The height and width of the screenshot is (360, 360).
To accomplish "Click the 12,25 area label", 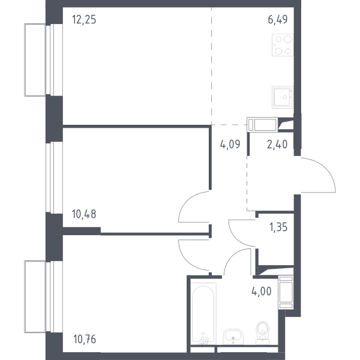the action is tap(84, 19).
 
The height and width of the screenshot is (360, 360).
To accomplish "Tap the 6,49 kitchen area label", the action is tap(278, 19).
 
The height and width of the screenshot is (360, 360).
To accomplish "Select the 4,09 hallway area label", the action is tap(230, 145).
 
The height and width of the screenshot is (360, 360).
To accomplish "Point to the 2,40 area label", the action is tap(277, 145).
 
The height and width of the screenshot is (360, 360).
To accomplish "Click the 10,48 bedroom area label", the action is tap(84, 214).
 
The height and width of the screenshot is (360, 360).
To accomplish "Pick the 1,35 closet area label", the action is tap(278, 227).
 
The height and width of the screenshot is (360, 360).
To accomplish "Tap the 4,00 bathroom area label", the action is tap(261, 292).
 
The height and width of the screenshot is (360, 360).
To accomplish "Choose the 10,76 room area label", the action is tap(85, 339).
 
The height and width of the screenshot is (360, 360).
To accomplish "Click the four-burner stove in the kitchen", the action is tap(283, 45).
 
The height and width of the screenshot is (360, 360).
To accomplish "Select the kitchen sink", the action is tap(283, 97).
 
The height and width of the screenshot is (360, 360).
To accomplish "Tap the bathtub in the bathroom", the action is tap(203, 313).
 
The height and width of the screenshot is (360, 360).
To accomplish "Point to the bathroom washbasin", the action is tap(233, 337).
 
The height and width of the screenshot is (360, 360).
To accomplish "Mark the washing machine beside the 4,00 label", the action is tap(286, 292).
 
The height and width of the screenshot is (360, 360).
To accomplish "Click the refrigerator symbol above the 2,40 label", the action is tap(262, 124).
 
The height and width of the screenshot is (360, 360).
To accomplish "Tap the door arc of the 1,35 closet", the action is tap(235, 239).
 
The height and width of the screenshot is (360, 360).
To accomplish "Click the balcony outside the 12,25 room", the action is tap(35, 59).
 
